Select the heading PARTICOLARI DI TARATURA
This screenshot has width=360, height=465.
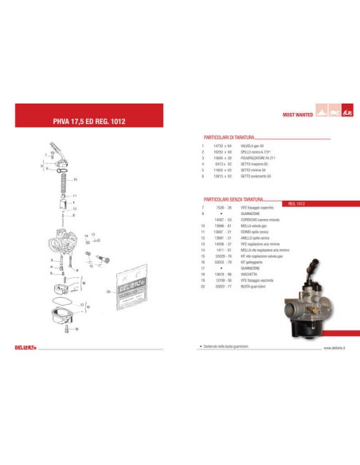pos(232,136)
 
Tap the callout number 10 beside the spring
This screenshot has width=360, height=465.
pos(75,180)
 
